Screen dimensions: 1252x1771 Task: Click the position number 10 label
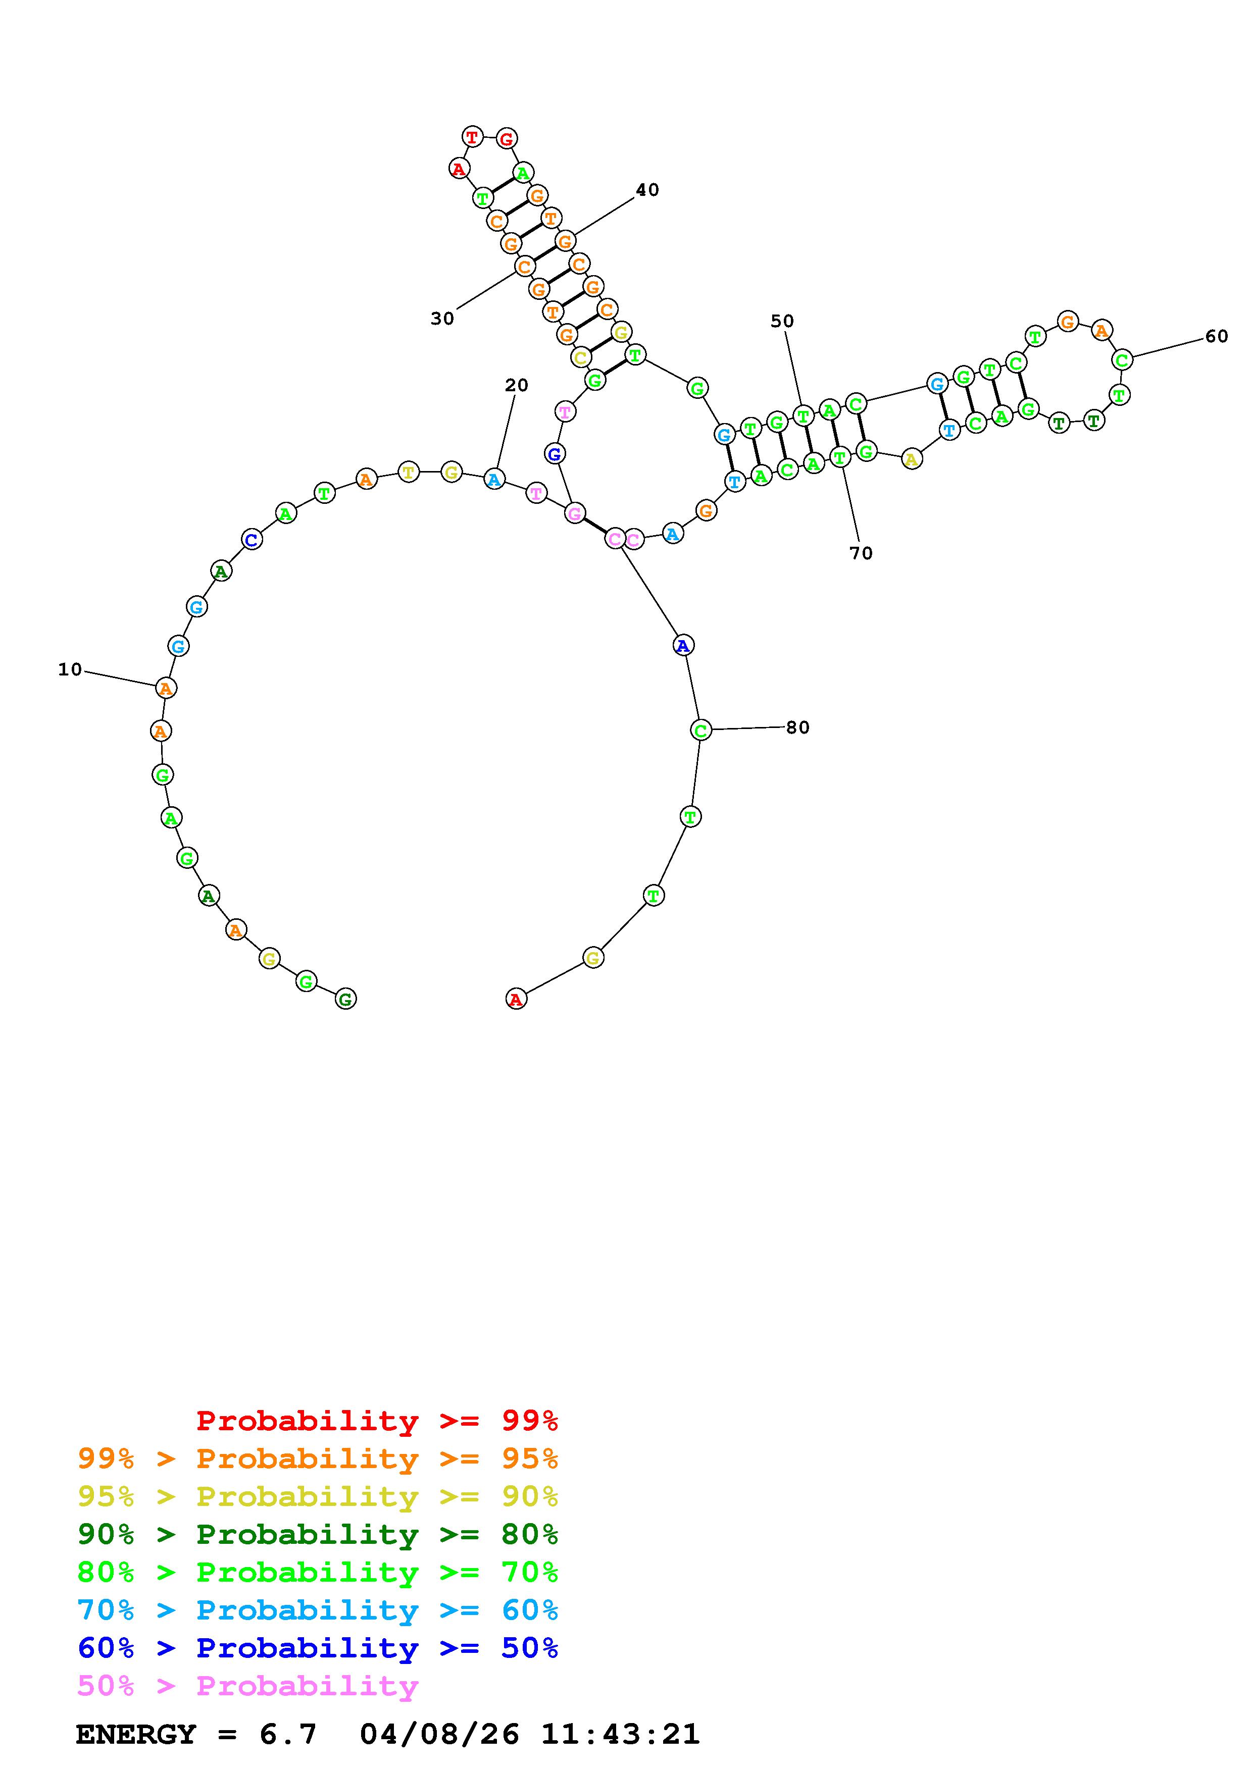[x=70, y=669]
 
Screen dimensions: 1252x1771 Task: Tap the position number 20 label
[x=517, y=385]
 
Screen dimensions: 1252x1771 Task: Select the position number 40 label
[x=647, y=190]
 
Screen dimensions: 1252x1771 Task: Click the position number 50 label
[x=782, y=321]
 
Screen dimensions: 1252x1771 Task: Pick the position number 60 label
[x=1217, y=336]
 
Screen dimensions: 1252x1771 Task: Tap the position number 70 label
[x=861, y=553]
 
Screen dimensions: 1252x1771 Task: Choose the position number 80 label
[x=797, y=727]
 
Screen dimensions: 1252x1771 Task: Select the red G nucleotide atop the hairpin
[x=506, y=139]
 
